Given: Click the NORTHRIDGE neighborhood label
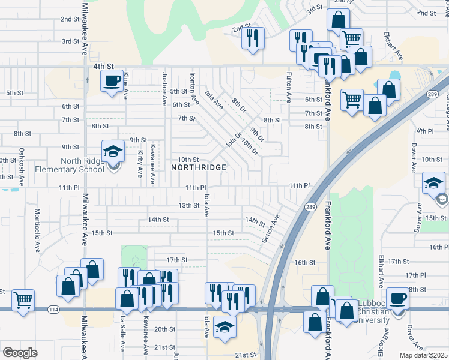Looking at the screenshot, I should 199,167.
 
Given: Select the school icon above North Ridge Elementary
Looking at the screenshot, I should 112,151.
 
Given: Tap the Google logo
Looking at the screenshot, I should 20,352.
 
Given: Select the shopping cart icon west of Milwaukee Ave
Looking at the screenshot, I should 23,299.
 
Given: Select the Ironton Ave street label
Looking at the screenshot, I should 194,88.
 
